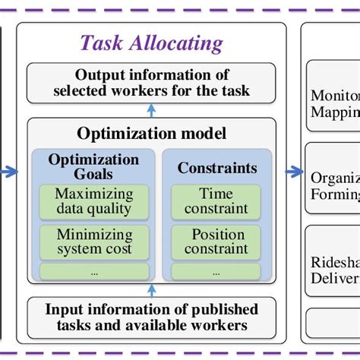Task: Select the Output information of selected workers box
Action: [152, 84]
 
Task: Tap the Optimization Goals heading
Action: [93, 167]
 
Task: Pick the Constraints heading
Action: [217, 168]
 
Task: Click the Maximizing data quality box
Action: [93, 201]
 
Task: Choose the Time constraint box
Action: [217, 201]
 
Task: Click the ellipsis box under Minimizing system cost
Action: [93, 270]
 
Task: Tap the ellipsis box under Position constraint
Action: [217, 270]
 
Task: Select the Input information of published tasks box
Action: [152, 317]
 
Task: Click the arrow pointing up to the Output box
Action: [152, 110]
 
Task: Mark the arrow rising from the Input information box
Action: [152, 290]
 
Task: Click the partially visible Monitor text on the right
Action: [335, 96]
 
